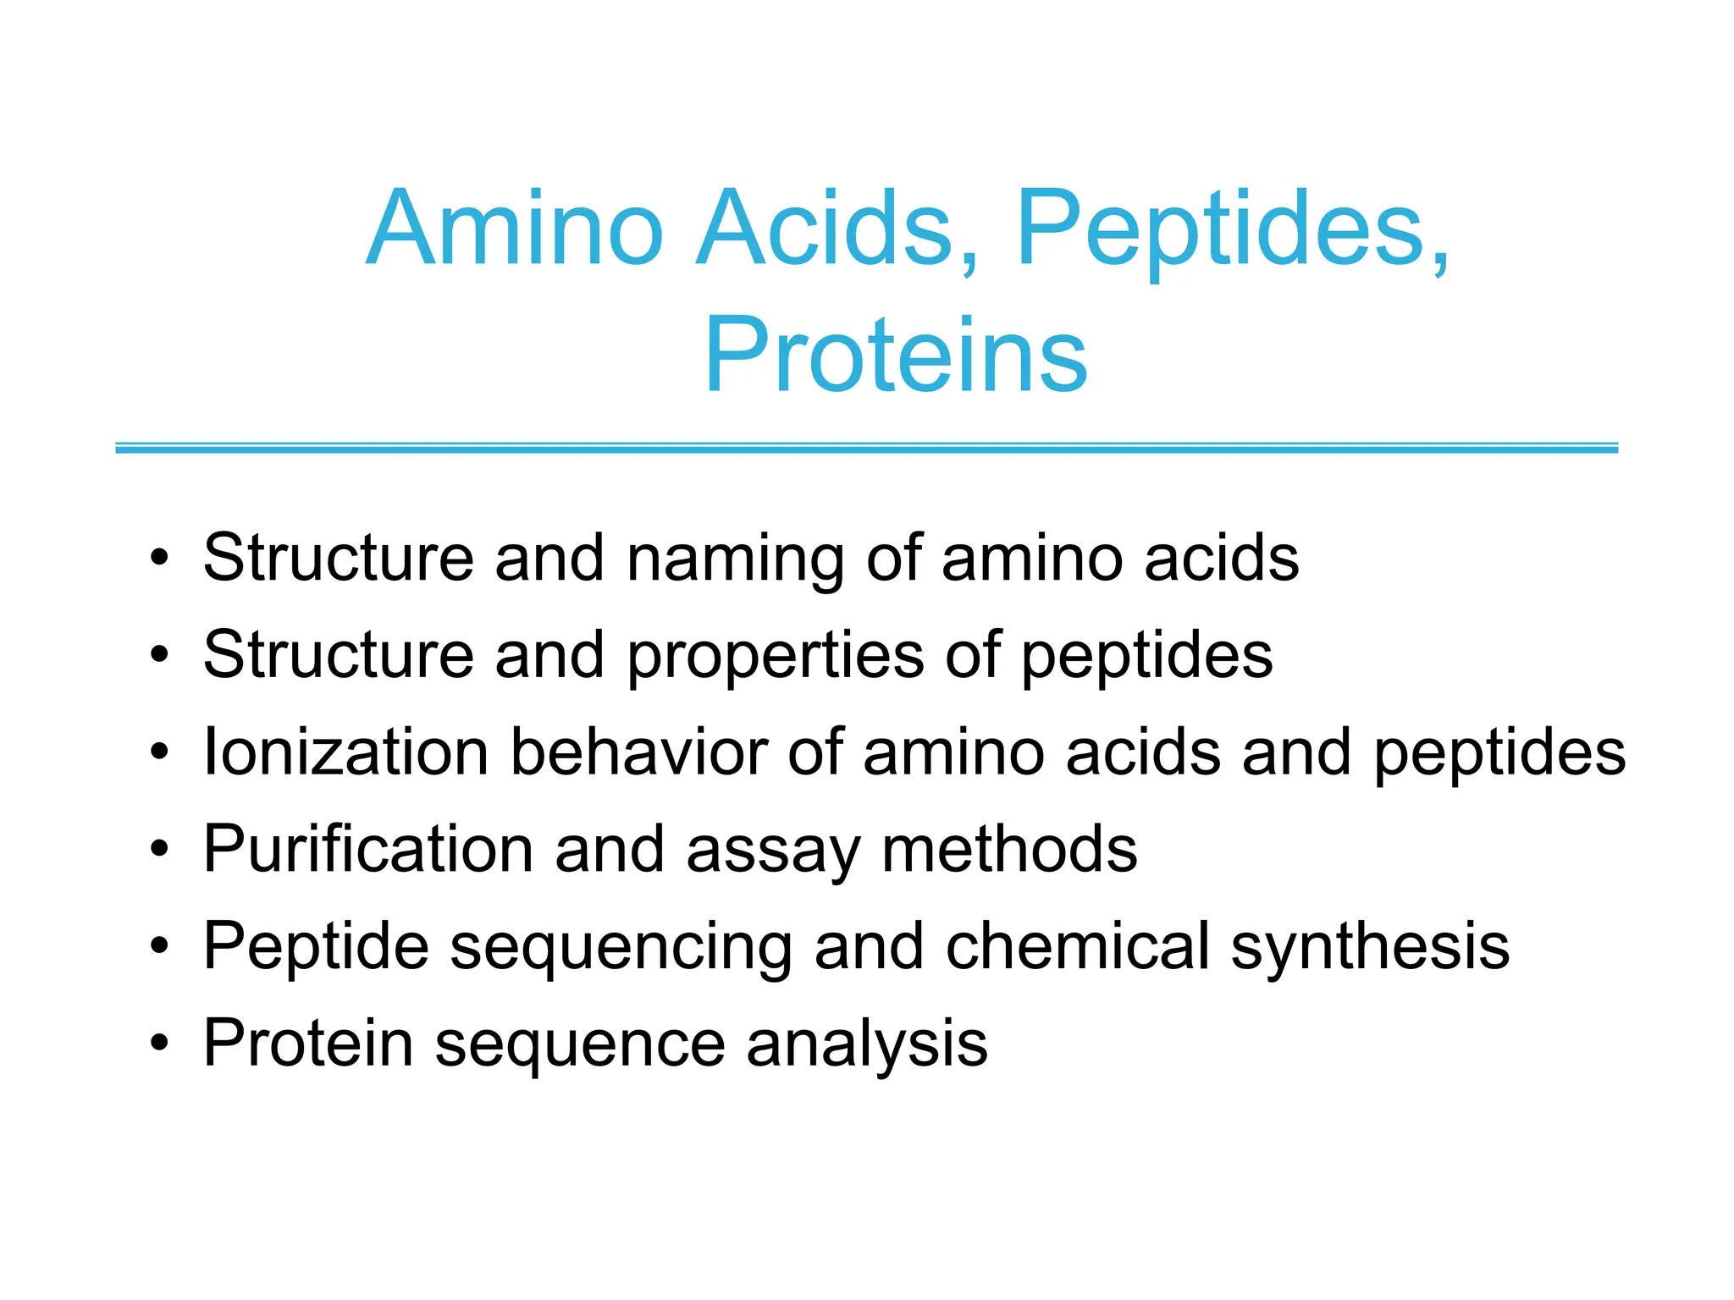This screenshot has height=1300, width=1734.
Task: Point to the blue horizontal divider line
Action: point(866,448)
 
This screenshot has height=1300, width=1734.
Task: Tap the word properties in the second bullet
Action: point(776,656)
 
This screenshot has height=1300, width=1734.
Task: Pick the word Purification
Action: point(368,849)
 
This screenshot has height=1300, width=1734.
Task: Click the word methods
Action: point(1009,849)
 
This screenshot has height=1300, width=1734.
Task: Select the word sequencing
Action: point(621,947)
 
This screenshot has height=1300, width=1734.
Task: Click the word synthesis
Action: point(1370,947)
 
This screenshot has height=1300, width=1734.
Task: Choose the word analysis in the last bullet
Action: point(867,1044)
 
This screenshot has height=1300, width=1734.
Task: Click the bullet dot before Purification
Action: point(159,849)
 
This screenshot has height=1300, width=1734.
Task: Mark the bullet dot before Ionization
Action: point(159,752)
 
